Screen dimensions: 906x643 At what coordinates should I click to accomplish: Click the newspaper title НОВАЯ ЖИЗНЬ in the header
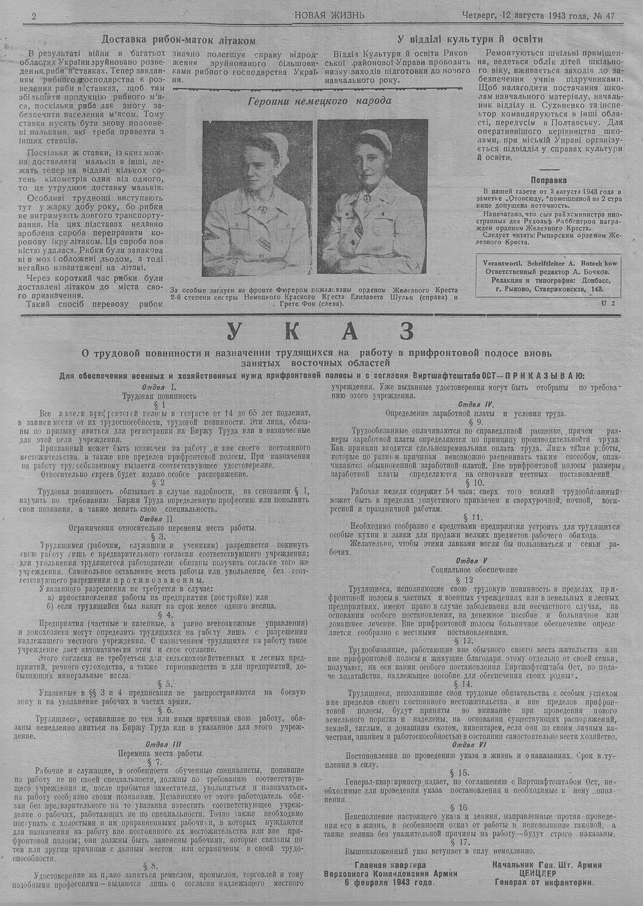(329, 14)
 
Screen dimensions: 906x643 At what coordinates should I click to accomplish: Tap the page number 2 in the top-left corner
(33, 15)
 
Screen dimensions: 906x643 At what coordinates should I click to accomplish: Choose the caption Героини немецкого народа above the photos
(320, 100)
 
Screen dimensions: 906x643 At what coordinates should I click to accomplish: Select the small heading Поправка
(550, 181)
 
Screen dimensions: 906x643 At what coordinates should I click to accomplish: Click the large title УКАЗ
(320, 332)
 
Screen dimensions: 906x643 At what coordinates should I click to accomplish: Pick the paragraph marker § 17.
(474, 841)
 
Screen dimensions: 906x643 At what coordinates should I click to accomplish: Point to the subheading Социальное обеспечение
(474, 569)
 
